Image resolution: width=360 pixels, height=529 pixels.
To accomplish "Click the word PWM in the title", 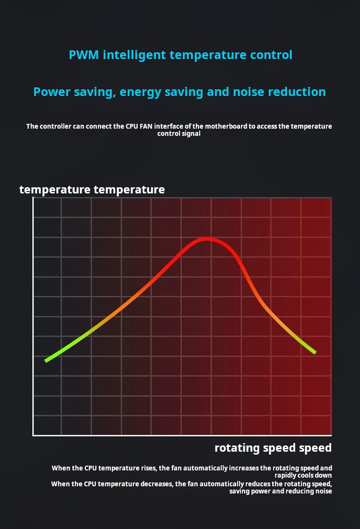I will tap(84, 55).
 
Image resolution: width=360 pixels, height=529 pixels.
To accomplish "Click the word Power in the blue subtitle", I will tap(52, 92).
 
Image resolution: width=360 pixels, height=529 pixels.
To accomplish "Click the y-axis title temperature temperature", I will tap(92, 190).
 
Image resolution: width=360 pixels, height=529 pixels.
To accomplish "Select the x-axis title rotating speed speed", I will tap(273, 448).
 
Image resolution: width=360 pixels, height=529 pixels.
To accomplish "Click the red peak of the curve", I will tap(207, 238).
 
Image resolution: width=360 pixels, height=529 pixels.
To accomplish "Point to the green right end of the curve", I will tap(314, 351).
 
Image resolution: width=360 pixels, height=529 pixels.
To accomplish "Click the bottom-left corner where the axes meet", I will tap(33, 435).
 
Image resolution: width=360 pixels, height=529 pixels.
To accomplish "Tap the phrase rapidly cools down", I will tap(303, 475).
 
